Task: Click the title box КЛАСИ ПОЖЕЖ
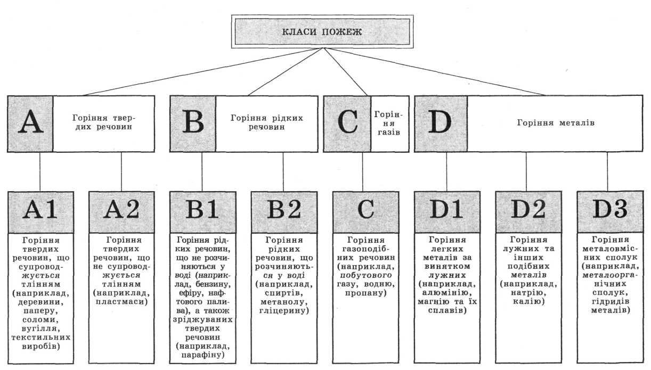point(322,31)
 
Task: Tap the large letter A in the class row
point(30,123)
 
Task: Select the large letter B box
point(193,123)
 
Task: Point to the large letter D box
point(441,123)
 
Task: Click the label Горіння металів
point(555,123)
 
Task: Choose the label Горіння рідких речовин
point(266,123)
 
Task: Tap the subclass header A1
point(40,211)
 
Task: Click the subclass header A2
point(121,211)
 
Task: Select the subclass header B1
point(202,211)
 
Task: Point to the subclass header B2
point(283,211)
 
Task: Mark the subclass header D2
point(526,211)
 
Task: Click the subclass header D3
point(607,211)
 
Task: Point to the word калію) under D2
point(527,302)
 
